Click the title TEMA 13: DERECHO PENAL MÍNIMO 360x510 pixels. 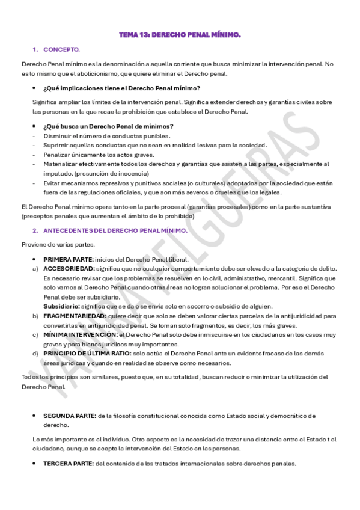click(x=180, y=35)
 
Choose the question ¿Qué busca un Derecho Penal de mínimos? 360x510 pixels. click(x=108, y=126)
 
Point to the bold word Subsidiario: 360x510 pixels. click(x=63, y=306)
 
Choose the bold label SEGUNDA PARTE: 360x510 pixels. click(x=69, y=416)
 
